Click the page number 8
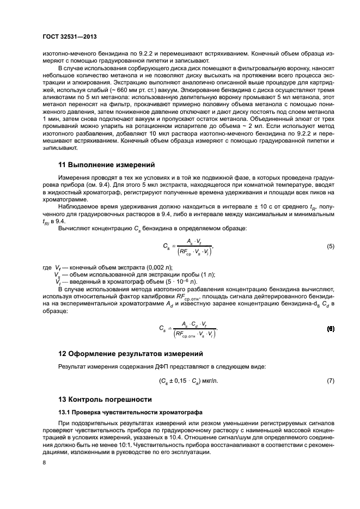pos(45,462)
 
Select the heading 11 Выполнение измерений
pos(107,164)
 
